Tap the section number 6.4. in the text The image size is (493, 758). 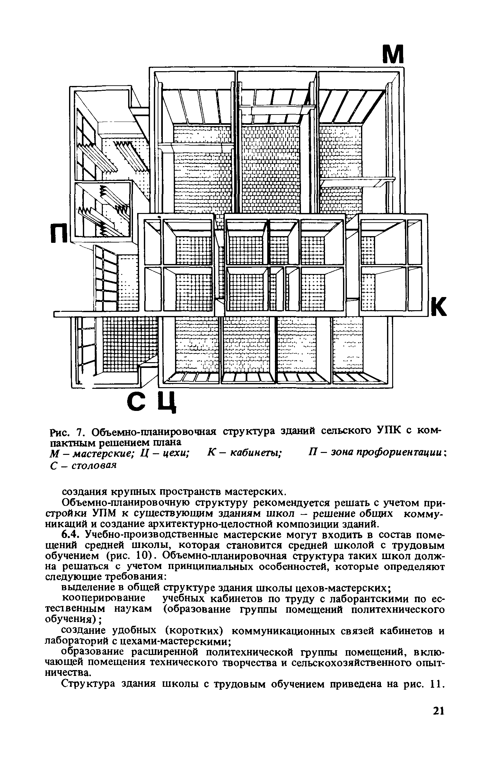[x=70, y=535]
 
